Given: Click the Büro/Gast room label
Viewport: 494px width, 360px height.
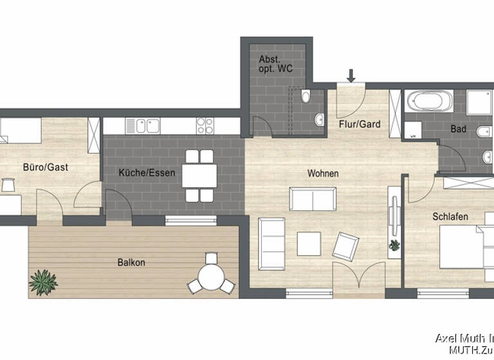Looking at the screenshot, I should [x=46, y=167].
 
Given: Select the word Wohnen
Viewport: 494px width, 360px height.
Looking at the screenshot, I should [x=323, y=174].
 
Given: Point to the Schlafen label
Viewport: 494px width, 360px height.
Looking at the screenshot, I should [x=450, y=217].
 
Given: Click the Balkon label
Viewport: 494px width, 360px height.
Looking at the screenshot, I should [x=131, y=262].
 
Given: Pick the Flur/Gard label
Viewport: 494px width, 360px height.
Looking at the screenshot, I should [x=358, y=124].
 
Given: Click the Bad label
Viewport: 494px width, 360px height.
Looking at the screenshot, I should [x=459, y=129].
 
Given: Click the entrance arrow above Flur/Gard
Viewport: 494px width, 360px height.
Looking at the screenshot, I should [x=351, y=76].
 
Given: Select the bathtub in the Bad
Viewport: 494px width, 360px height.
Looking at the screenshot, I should [x=430, y=102].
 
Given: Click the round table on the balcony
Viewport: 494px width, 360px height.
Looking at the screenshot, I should [x=210, y=278].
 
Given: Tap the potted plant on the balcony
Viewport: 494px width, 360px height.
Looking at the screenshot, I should [x=43, y=281].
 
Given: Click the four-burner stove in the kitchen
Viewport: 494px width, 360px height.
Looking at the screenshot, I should [x=205, y=125].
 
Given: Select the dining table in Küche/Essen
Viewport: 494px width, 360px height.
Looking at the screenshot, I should [x=199, y=175].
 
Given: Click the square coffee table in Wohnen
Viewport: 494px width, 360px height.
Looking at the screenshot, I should [x=309, y=243].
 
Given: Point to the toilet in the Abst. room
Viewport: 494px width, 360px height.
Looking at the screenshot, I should [x=306, y=97].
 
